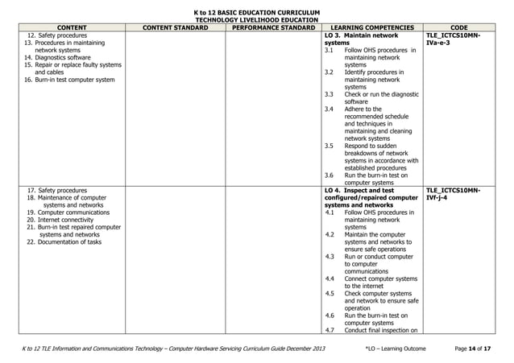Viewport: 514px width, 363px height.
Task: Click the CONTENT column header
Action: [x=67, y=27]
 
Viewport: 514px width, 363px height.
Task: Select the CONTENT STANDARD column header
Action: [x=175, y=27]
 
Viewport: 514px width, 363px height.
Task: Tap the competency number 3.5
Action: [x=329, y=146]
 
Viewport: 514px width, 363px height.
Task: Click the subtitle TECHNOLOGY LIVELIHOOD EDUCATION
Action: [x=257, y=19]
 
